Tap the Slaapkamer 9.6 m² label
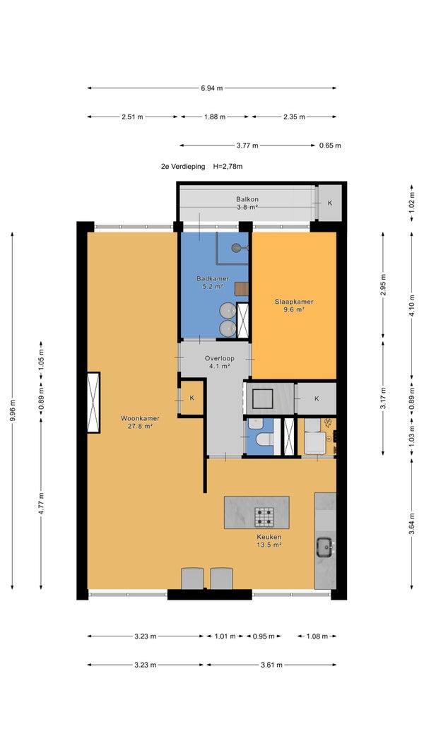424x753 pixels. click(294, 306)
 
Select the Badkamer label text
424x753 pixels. click(213, 278)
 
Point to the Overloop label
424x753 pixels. click(220, 358)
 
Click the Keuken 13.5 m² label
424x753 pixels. click(269, 541)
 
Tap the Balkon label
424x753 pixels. click(247, 199)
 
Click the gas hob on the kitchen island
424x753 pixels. click(264, 517)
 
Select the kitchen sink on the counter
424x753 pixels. click(325, 547)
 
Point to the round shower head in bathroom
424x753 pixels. click(236, 248)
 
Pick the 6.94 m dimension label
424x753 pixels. click(212, 88)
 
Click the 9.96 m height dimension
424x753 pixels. click(12, 410)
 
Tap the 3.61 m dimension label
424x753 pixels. click(271, 665)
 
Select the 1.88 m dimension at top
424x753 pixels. click(214, 117)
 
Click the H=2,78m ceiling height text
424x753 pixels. click(228, 167)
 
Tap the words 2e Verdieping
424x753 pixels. click(182, 167)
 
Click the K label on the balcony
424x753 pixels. click(330, 203)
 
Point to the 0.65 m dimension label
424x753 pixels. click(330, 146)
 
